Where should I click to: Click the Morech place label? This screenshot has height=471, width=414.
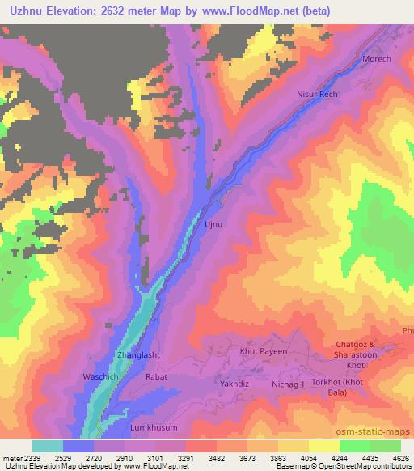[x=376, y=59]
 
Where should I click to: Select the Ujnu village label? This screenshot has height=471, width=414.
[x=213, y=222]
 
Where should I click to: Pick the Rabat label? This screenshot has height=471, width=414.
[x=156, y=376]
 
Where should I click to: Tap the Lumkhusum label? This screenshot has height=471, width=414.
[x=154, y=426]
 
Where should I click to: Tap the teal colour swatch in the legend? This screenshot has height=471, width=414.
[x=48, y=447]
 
